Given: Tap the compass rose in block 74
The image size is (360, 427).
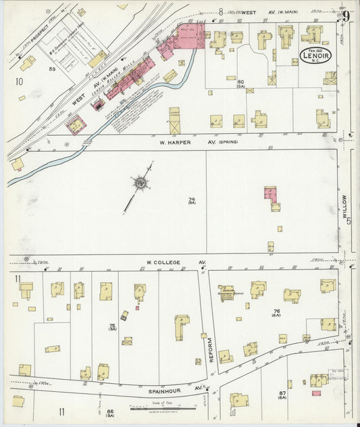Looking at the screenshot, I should point(140,182).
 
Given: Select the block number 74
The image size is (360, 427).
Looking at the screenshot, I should point(191,199).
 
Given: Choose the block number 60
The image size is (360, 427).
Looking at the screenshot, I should point(240,82).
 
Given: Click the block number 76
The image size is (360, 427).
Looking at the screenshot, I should point(276,312).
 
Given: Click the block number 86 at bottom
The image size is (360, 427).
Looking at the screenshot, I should point(108,411).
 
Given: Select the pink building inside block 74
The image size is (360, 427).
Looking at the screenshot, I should point(270,193).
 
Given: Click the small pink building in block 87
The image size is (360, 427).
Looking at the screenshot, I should point(316,393).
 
